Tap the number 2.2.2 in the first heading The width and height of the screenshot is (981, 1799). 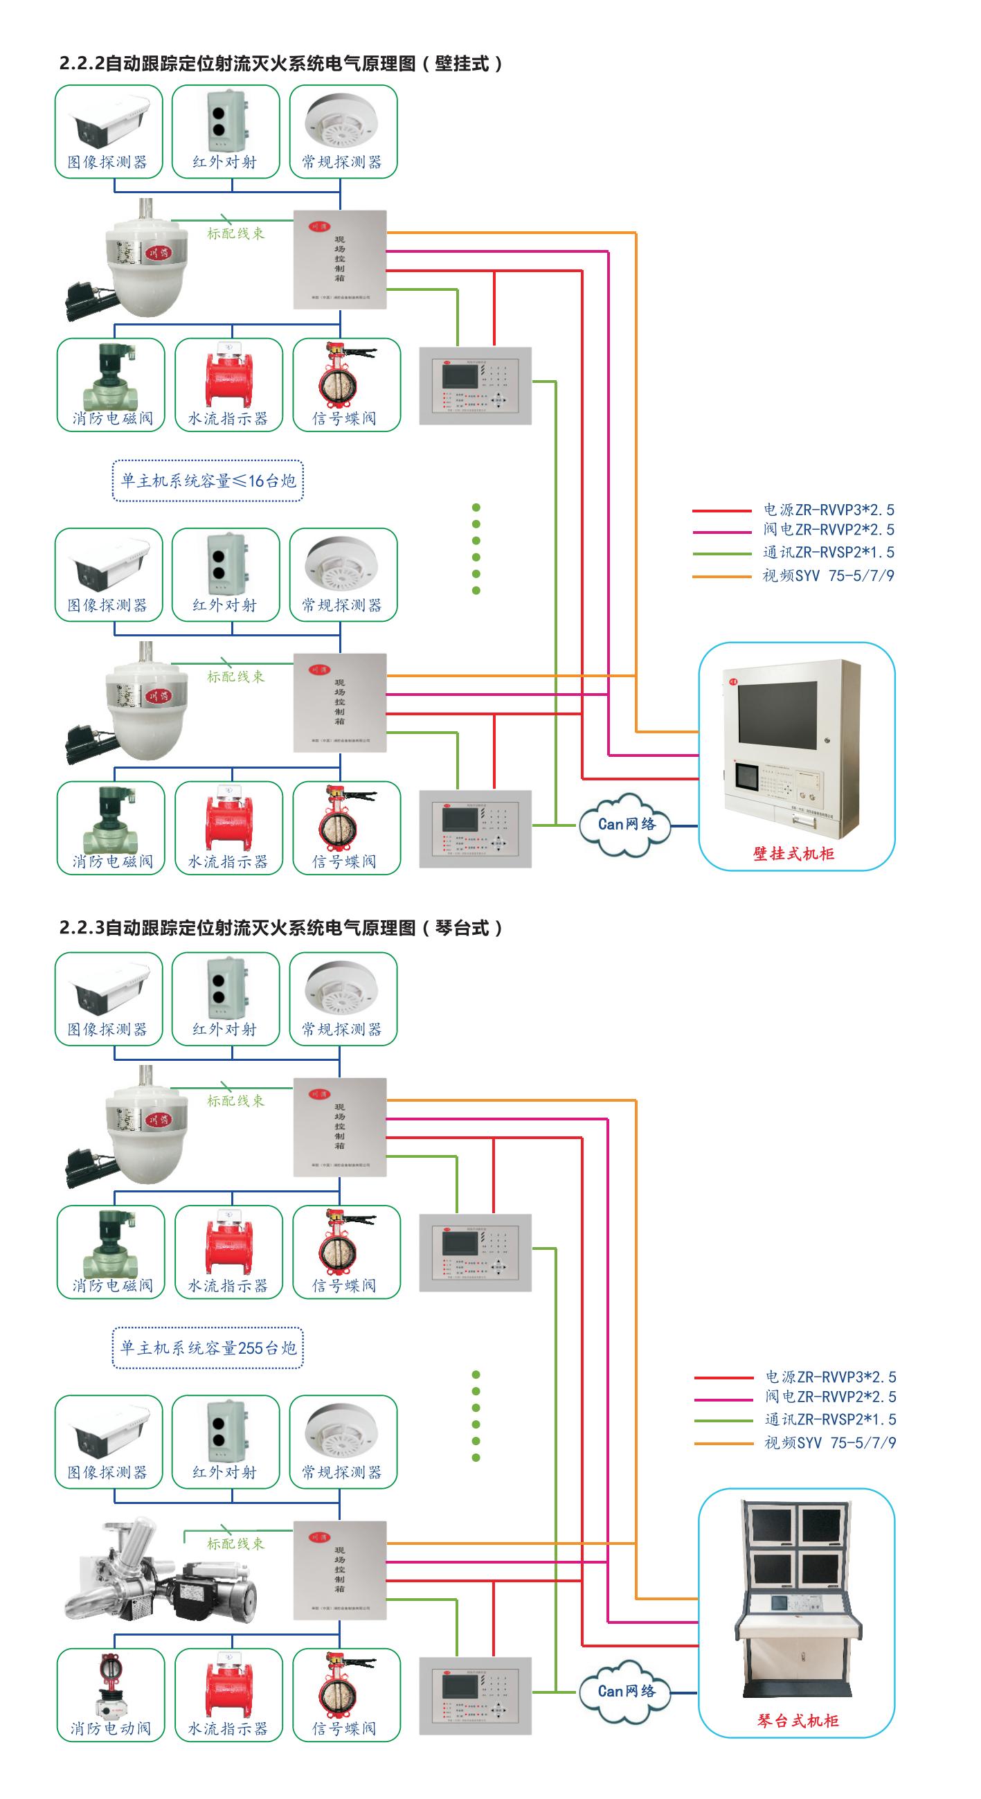(81, 64)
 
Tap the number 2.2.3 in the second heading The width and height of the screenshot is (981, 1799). (81, 928)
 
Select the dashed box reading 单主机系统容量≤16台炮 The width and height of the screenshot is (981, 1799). (208, 481)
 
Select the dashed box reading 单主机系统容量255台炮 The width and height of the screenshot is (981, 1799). (208, 1348)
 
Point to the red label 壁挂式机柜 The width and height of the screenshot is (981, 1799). (793, 853)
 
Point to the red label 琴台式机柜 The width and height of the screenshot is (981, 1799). (798, 1721)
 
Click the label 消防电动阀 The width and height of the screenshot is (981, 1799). (110, 1728)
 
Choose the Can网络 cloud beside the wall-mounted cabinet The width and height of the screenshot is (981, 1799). (626, 825)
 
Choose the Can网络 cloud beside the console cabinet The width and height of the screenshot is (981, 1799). (626, 1692)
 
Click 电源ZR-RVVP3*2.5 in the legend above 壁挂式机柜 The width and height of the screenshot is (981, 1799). (828, 510)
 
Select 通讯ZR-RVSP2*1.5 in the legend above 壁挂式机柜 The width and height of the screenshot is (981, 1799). (828, 553)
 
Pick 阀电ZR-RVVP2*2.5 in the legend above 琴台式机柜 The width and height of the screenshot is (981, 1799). (830, 1397)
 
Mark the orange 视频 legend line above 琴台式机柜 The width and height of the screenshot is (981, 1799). (723, 1443)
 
